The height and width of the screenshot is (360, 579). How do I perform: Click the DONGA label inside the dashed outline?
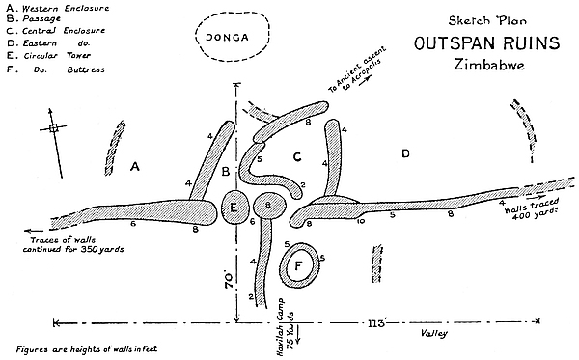227,38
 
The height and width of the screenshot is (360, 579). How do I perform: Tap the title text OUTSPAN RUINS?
486,43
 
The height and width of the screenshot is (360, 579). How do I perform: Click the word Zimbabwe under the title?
489,65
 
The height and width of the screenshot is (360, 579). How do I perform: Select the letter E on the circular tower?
234,208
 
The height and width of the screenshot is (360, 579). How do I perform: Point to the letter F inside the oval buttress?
299,265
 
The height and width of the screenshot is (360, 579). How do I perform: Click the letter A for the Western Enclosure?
135,167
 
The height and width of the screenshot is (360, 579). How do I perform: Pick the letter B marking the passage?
226,172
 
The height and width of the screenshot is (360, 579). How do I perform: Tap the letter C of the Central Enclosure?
297,157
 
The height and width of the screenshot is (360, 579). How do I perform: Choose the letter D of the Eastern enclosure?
405,153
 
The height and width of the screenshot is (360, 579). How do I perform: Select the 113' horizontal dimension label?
376,324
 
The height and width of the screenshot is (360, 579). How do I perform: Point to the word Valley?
434,333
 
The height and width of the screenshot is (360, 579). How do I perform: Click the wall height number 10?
360,221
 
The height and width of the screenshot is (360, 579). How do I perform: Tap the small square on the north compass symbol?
53,128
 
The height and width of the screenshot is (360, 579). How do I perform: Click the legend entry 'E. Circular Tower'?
48,56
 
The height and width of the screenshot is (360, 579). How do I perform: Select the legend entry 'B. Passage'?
33,18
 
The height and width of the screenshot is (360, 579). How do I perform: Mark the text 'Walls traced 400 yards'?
532,209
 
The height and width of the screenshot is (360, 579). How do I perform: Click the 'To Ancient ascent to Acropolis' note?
358,70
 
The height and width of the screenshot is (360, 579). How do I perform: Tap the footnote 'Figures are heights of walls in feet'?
87,349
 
